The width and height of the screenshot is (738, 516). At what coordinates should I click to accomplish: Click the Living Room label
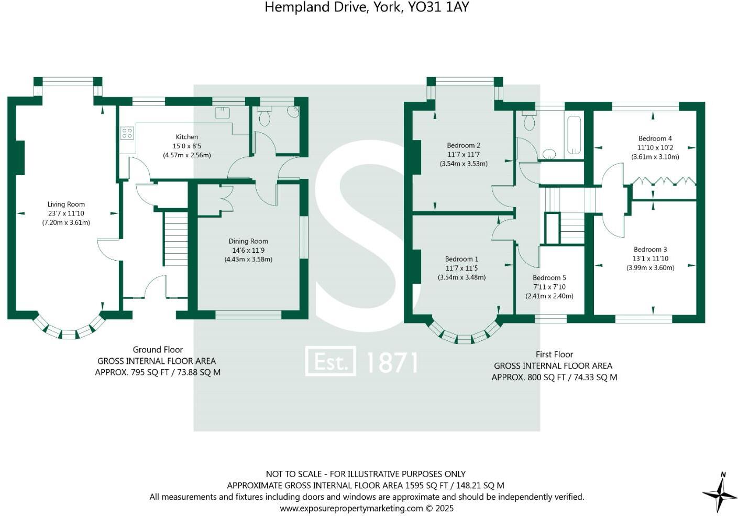pos(66,205)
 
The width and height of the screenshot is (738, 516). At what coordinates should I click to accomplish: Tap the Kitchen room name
pos(187,137)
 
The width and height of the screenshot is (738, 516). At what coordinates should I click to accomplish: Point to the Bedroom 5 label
pos(549,277)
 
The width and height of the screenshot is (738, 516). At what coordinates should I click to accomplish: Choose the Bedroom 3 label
pos(651,250)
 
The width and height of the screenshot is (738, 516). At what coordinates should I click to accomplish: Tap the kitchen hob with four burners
pos(127,134)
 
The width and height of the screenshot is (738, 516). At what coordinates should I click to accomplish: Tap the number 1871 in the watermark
pos(392,362)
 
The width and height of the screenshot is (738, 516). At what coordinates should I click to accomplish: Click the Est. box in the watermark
pos(331,361)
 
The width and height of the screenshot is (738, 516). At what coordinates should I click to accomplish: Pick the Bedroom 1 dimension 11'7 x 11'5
pos(462,268)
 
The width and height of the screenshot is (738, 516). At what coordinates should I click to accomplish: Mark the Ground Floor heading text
pos(158,350)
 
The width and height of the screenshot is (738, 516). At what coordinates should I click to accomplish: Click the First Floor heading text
pos(554,354)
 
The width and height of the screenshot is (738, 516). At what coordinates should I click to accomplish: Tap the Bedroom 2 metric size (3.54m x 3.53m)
pos(464,164)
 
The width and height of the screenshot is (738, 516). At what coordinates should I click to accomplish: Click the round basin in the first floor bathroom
pos(548,154)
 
